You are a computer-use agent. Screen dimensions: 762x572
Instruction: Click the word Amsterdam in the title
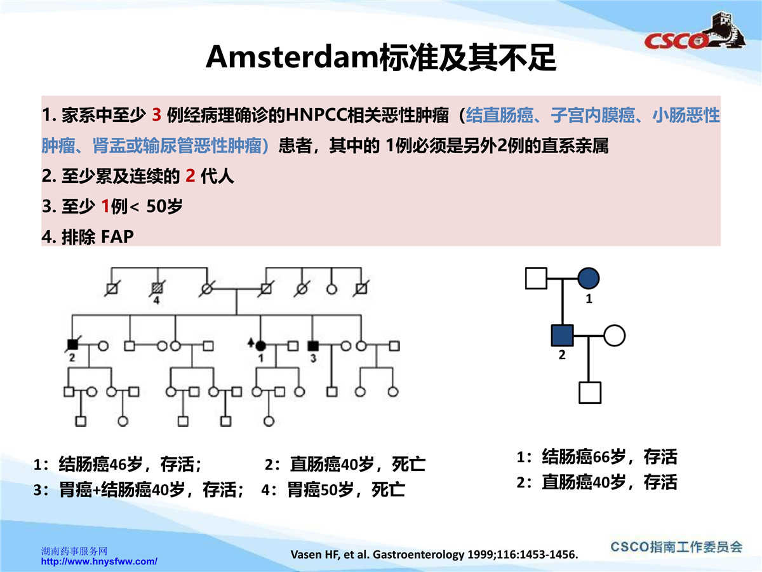coord(292,57)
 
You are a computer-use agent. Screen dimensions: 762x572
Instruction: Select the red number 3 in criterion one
coord(157,115)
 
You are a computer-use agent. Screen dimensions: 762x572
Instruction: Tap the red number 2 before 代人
coord(190,176)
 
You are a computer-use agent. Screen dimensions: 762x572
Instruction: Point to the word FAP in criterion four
coord(117,237)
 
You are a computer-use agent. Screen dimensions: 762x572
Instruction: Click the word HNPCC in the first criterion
coord(316,115)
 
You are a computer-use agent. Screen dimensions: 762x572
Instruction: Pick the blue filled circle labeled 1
coord(589,278)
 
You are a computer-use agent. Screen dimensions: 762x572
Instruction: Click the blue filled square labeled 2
coord(562,336)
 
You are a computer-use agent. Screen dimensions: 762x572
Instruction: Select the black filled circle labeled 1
coord(261,346)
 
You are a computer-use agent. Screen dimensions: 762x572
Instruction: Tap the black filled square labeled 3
coord(313,346)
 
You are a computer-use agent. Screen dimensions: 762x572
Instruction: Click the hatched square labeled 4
coord(157,288)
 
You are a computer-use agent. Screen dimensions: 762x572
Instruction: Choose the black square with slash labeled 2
coord(72,344)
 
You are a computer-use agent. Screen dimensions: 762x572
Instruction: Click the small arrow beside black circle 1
coord(251,342)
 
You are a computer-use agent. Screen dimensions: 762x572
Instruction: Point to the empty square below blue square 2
coord(590,393)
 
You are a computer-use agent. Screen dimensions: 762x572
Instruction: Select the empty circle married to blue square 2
coord(615,336)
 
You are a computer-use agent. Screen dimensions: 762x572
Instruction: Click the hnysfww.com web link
coord(99,562)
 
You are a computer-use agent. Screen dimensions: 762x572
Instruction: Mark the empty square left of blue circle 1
coord(536,278)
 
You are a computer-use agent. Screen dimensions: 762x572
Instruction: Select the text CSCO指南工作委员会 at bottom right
coord(676,547)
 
